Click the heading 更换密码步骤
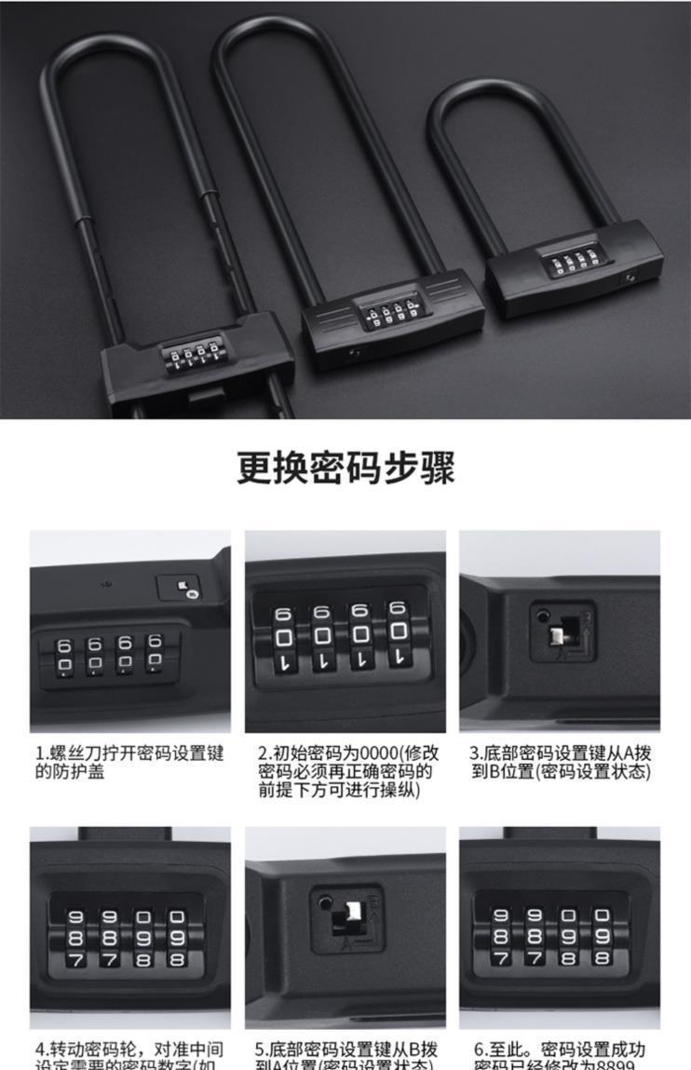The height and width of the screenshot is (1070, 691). [345, 467]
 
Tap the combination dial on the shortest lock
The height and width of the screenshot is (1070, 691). [568, 261]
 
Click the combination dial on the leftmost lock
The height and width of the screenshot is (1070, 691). [195, 358]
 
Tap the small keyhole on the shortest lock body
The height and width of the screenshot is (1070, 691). [631, 278]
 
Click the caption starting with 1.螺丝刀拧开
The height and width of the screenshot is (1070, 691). [129, 762]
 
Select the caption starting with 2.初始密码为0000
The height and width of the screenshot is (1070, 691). [346, 770]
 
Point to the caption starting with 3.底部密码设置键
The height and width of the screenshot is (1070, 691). [559, 762]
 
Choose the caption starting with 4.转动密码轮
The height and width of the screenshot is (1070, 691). [129, 1056]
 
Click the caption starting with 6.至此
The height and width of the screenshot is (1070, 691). [559, 1056]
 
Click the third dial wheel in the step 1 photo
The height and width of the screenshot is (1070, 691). [125, 656]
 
